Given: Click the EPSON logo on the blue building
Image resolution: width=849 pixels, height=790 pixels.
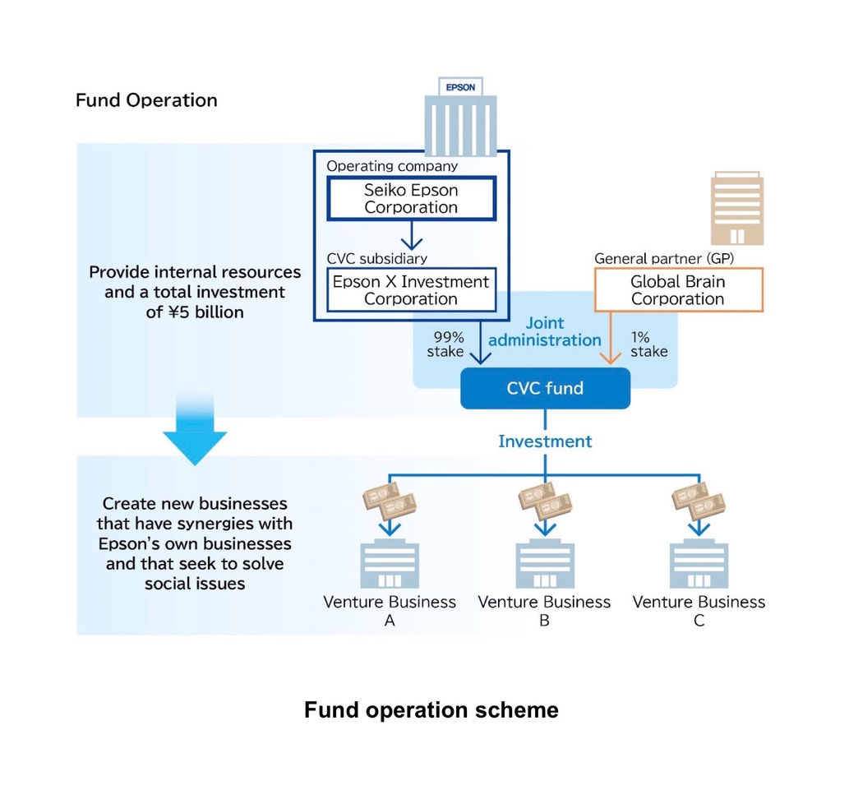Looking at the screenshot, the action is pos(460,87).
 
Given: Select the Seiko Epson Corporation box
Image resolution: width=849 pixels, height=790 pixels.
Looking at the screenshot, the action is pos(412,199).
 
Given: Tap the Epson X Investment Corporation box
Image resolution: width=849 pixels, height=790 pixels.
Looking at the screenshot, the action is pos(412,290).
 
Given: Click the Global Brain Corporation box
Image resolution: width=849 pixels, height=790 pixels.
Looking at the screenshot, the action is pos(678,290).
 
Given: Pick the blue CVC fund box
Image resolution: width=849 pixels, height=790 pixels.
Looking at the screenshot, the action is pos(545,388).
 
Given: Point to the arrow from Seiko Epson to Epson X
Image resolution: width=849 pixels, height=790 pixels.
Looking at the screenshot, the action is pos(412,235).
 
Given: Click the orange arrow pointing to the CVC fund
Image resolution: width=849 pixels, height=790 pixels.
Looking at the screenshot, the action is pos(611,338).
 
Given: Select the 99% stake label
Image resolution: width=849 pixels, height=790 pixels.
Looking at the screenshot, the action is pos(445,344).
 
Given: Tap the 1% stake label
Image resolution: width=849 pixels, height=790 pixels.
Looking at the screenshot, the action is pos(648,344).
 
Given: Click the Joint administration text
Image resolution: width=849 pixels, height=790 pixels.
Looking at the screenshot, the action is pos(545,331).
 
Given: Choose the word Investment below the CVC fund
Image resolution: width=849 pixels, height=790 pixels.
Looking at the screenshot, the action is pos(545,441).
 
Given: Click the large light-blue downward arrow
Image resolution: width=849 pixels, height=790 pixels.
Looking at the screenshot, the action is pos(195,431).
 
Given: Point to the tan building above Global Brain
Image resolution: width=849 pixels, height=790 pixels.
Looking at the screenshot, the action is pos(737,209).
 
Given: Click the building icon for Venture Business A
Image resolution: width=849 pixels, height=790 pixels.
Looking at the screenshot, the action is pos(390,564).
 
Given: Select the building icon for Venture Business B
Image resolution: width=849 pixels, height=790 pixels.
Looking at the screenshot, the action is pos(545,564).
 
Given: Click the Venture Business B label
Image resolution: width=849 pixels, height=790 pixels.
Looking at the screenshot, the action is pos(545,611).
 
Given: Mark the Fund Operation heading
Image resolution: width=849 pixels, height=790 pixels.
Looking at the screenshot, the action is pos(146,100).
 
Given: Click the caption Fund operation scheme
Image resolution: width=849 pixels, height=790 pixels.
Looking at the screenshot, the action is pos(431,710).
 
